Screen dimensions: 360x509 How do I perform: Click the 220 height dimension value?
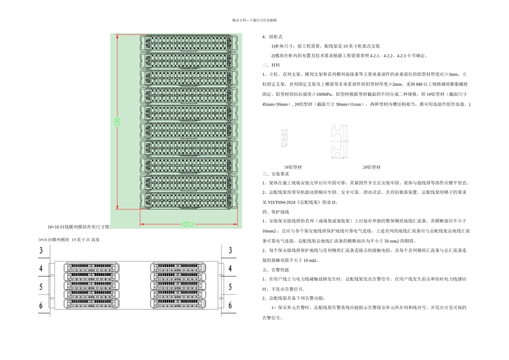118,122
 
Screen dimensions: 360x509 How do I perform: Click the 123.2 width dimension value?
188,224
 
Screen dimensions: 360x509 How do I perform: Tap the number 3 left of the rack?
41,251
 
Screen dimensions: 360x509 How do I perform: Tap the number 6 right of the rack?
230,305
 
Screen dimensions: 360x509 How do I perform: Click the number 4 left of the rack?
41,268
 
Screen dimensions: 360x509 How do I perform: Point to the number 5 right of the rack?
230,287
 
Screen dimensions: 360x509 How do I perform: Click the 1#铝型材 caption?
293,167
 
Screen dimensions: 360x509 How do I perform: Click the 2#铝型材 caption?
372,167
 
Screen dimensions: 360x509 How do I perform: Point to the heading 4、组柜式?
272,37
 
